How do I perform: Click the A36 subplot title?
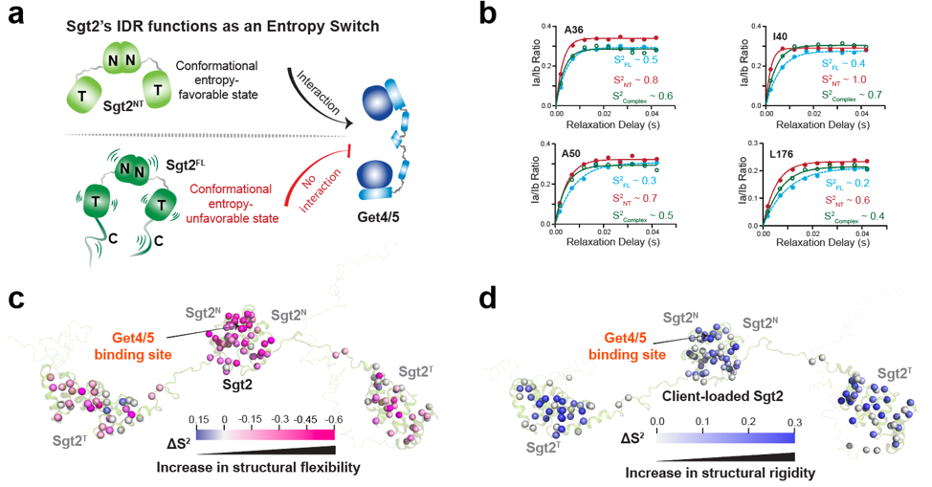pyautogui.click(x=574, y=29)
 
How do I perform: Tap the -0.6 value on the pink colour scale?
pyautogui.click(x=334, y=419)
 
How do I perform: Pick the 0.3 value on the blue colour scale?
pyautogui.click(x=793, y=420)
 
